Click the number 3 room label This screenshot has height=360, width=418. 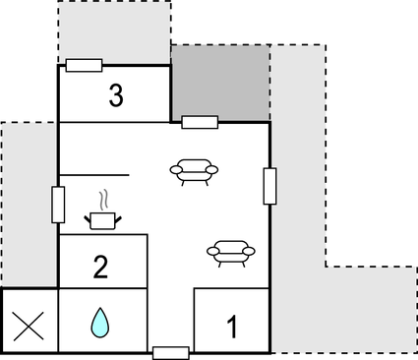[x=116, y=96]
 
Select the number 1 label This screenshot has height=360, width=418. [x=232, y=325]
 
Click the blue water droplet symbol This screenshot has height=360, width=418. [x=100, y=322]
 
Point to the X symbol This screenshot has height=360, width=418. [x=29, y=323]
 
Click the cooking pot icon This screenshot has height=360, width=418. [x=102, y=219]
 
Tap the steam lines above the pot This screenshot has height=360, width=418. [x=102, y=200]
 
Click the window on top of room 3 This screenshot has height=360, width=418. [x=84, y=66]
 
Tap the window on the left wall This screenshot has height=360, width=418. [x=58, y=204]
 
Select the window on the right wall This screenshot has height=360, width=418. [x=269, y=186]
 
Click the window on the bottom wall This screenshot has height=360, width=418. [x=170, y=352]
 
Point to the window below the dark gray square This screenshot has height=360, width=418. [x=200, y=123]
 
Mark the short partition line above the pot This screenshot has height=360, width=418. [x=94, y=175]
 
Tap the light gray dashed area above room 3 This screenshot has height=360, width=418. [x=113, y=30]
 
